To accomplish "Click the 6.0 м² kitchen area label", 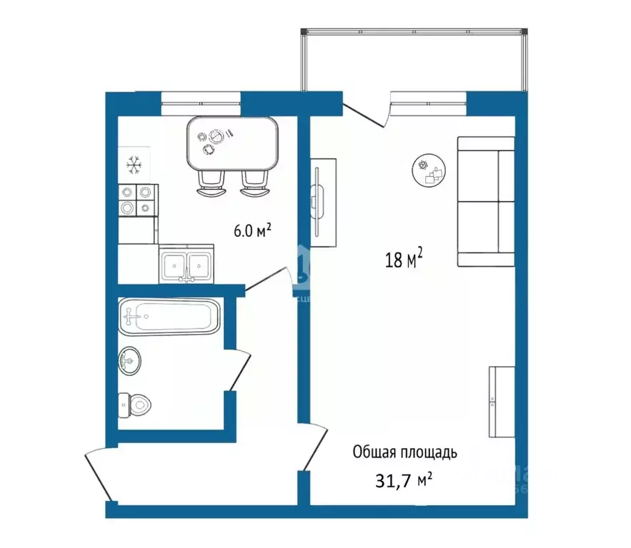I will (252, 230).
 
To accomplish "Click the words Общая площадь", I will (404, 452).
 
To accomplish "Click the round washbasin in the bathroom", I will (129, 360).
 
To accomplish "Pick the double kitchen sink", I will (186, 265).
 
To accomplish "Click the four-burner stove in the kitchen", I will (136, 199).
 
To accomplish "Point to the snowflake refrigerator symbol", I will (134, 166).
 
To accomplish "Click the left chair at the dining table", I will (209, 183).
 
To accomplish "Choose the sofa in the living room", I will (486, 202).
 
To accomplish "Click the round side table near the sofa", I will (429, 171).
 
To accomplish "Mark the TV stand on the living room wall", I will (322, 202).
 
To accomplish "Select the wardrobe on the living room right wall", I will (502, 401).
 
